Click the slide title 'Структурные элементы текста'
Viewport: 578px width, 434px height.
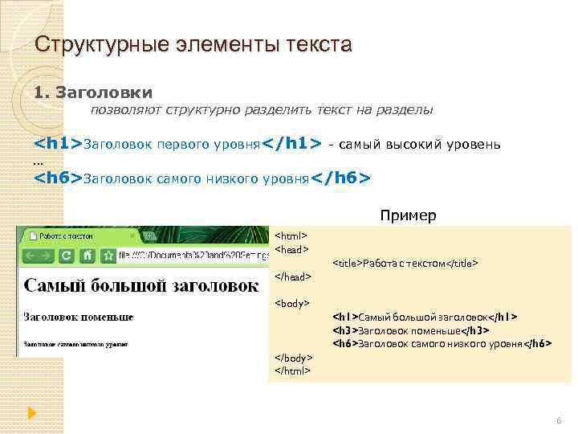click(193, 44)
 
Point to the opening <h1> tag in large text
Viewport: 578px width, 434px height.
click(58, 144)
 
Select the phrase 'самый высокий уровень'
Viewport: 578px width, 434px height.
click(420, 144)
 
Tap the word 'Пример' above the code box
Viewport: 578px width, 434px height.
click(409, 215)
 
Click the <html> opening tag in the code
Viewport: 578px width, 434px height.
click(291, 236)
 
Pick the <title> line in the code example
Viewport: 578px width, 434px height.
click(405, 263)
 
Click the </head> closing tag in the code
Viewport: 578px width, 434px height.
click(292, 276)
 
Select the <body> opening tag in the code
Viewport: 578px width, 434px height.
click(292, 303)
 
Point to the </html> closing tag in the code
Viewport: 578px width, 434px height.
click(292, 371)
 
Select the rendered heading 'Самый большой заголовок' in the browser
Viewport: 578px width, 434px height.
click(141, 285)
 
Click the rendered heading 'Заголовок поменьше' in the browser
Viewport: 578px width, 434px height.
click(79, 317)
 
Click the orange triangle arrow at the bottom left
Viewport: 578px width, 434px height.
click(32, 413)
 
